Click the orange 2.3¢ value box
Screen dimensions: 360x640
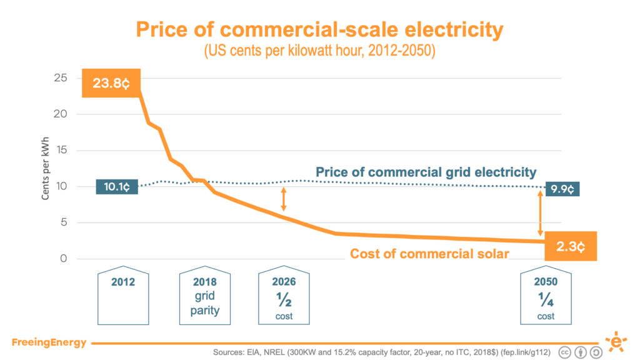[x=571, y=246]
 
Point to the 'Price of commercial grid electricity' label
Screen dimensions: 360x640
[x=426, y=172]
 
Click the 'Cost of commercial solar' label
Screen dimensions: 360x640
[x=429, y=254]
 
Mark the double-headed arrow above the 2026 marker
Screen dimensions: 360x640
[x=284, y=199]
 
